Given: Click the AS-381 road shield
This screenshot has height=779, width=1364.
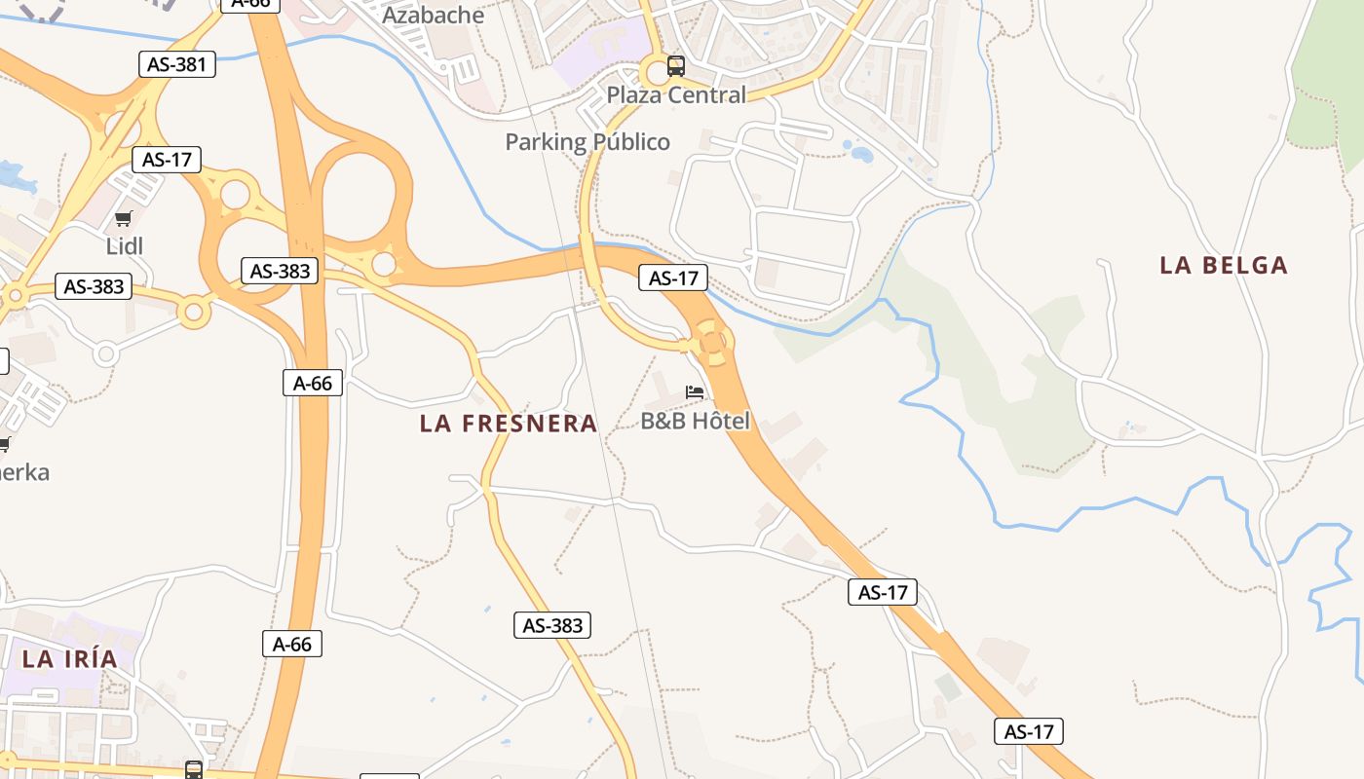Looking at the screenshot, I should pyautogui.click(x=176, y=65).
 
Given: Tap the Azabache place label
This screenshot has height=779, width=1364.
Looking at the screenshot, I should pyautogui.click(x=433, y=16).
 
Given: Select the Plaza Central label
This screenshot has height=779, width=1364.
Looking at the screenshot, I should pyautogui.click(x=676, y=94).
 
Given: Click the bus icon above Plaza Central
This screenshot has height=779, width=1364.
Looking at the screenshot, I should pyautogui.click(x=675, y=66).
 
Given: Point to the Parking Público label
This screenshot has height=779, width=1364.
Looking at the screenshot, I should pyautogui.click(x=587, y=142).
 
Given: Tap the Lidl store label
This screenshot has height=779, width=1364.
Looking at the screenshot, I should pyautogui.click(x=125, y=245).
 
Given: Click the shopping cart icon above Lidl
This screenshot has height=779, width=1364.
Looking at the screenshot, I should pyautogui.click(x=123, y=219).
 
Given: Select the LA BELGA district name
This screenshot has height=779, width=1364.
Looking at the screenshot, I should pyautogui.click(x=1224, y=265).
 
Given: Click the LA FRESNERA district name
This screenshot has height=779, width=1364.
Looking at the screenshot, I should pyautogui.click(x=509, y=424).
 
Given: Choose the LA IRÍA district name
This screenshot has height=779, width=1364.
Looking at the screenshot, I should pyautogui.click(x=69, y=659).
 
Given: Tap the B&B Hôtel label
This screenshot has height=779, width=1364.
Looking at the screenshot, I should pyautogui.click(x=696, y=421).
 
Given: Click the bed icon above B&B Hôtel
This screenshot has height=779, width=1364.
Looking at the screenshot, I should pyautogui.click(x=695, y=392).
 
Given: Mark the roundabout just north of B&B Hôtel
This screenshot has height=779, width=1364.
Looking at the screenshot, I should pyautogui.click(x=713, y=342).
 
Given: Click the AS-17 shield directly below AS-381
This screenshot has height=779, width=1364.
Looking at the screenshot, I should pyautogui.click(x=167, y=160).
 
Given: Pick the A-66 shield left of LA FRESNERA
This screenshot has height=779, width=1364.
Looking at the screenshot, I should pyautogui.click(x=313, y=384).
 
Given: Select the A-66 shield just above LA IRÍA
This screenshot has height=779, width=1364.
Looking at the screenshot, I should pyautogui.click(x=292, y=644).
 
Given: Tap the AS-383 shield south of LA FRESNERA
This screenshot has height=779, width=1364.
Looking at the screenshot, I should pyautogui.click(x=552, y=625).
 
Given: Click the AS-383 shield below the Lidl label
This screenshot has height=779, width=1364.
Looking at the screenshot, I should pyautogui.click(x=94, y=286).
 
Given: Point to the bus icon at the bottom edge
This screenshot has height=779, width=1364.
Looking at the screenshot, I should pyautogui.click(x=194, y=770).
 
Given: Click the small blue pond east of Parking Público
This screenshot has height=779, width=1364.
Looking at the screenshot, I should pyautogui.click(x=862, y=153).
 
